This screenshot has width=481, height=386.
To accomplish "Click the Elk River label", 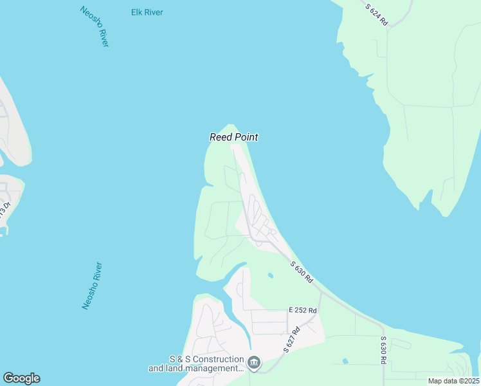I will coord(147,13).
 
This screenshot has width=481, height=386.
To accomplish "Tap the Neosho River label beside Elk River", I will coord(95,26).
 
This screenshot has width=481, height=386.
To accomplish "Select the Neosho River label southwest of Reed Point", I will coord(92,286).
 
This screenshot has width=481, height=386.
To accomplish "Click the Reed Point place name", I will coord(233,137).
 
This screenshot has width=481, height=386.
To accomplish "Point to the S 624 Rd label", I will coord(377,15).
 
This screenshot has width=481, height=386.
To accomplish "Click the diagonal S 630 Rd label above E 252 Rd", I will coord(301,271).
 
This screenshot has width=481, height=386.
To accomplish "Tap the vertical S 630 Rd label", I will coord(383,350).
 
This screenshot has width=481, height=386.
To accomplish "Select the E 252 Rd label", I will coord(303,310).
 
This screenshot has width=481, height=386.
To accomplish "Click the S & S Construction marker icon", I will coord(254,363).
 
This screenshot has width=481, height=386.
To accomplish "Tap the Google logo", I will coord(21,378).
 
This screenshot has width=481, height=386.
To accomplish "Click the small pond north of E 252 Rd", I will coord(270,276).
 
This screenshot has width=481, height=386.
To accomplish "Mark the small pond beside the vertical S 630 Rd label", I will coord(345,361).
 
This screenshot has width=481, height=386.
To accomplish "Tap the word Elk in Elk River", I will coord(136,13).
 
